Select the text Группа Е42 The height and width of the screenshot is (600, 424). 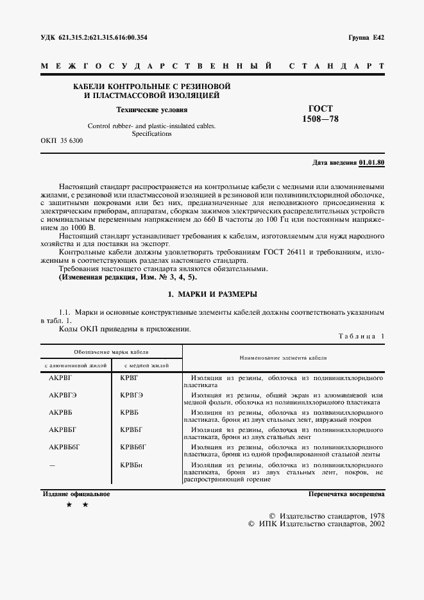(366, 38)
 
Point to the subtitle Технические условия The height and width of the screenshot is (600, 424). (146, 110)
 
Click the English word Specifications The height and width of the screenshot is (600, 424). (151, 134)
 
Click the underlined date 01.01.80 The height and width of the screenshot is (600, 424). (371, 163)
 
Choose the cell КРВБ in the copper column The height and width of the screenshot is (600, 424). (130, 412)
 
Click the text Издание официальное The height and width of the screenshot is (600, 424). (76, 494)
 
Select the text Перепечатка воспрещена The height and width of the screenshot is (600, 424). (346, 494)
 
